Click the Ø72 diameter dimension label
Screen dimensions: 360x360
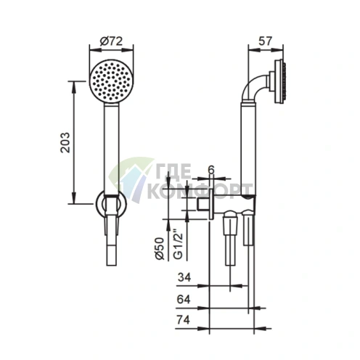pyautogui.click(x=111, y=41)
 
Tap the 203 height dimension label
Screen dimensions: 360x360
pyautogui.click(x=65, y=142)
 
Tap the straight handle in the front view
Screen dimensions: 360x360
pyautogui.click(x=111, y=149)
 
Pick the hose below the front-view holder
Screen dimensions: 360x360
pyautogui.click(x=111, y=247)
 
